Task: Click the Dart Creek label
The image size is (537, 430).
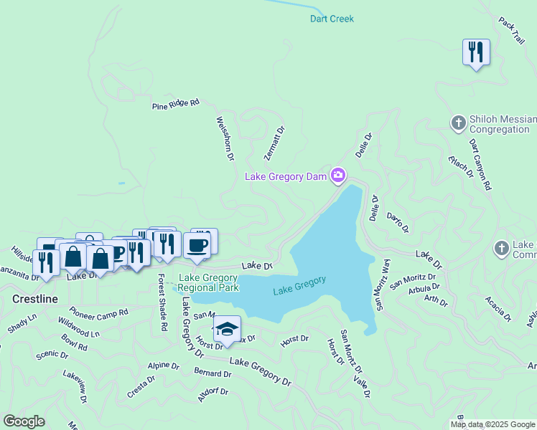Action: coord(332,19)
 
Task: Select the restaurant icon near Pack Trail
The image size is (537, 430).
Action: coord(476,53)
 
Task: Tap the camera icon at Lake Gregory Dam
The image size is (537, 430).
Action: coord(338,176)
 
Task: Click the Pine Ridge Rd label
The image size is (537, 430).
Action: coord(175,105)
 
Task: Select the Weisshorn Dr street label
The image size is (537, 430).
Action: coord(225,139)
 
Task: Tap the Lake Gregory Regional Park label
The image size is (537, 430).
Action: coord(208,282)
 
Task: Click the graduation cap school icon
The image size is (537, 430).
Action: coord(227,329)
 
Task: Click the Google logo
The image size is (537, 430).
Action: coord(24,421)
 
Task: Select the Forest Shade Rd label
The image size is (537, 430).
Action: coord(162,302)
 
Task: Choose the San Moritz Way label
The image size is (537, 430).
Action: coord(381,285)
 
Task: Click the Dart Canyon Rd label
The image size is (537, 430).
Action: coord(480,165)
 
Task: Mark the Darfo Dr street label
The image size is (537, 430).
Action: coord(397,223)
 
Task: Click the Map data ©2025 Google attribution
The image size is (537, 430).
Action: coord(493,424)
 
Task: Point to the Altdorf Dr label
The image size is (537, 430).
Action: coord(213,396)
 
